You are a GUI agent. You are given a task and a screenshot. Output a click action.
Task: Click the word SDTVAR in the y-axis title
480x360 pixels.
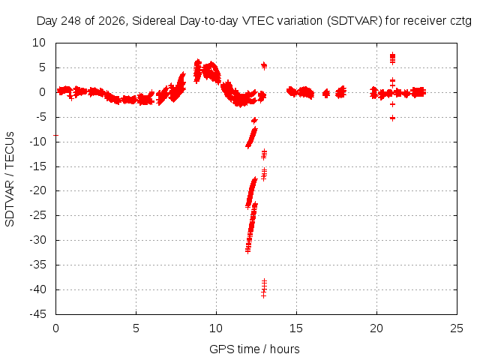[10, 203]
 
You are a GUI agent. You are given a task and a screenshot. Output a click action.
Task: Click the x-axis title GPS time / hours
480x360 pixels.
[254, 349]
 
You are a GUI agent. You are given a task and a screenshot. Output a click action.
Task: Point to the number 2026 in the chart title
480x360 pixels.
[111, 21]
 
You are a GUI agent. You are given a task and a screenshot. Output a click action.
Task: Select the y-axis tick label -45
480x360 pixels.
[37, 314]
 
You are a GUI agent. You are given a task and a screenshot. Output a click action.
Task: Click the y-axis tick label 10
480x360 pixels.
[39, 43]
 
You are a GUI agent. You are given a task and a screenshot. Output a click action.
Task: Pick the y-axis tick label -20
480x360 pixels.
[37, 190]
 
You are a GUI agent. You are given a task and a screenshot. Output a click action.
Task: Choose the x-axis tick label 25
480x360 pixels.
[457, 328]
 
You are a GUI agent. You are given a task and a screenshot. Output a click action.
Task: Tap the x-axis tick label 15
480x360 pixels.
[296, 328]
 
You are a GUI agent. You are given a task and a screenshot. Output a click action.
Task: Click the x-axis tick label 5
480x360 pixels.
[136, 328]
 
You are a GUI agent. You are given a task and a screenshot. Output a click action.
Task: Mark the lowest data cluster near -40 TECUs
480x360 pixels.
[264, 288]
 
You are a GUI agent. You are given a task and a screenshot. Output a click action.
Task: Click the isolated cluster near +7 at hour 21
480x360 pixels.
[392, 58]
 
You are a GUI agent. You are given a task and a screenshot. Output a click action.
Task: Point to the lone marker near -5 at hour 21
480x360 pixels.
[392, 118]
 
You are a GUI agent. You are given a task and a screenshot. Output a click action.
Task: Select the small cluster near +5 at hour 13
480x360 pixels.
[264, 65]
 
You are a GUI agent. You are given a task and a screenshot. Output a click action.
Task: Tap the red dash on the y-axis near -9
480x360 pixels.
[55, 135]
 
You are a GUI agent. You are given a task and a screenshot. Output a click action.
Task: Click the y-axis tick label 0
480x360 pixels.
[42, 92]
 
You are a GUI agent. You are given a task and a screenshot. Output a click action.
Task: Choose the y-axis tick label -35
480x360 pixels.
[37, 265]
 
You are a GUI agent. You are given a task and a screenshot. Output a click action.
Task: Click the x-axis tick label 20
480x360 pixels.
[376, 328]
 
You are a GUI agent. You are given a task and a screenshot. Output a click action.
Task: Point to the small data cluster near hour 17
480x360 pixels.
[326, 93]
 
